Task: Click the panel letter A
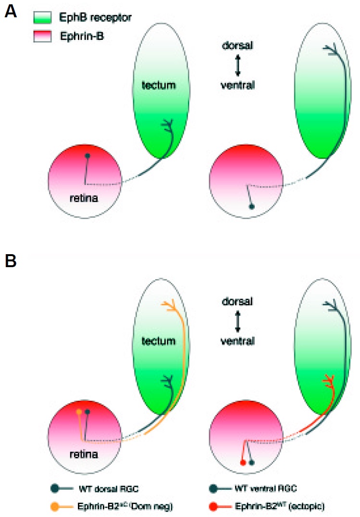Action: pos(12,11)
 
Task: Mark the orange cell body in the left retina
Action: pos(79,412)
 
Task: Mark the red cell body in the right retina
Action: pos(243,462)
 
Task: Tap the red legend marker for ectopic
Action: pos(213,506)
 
